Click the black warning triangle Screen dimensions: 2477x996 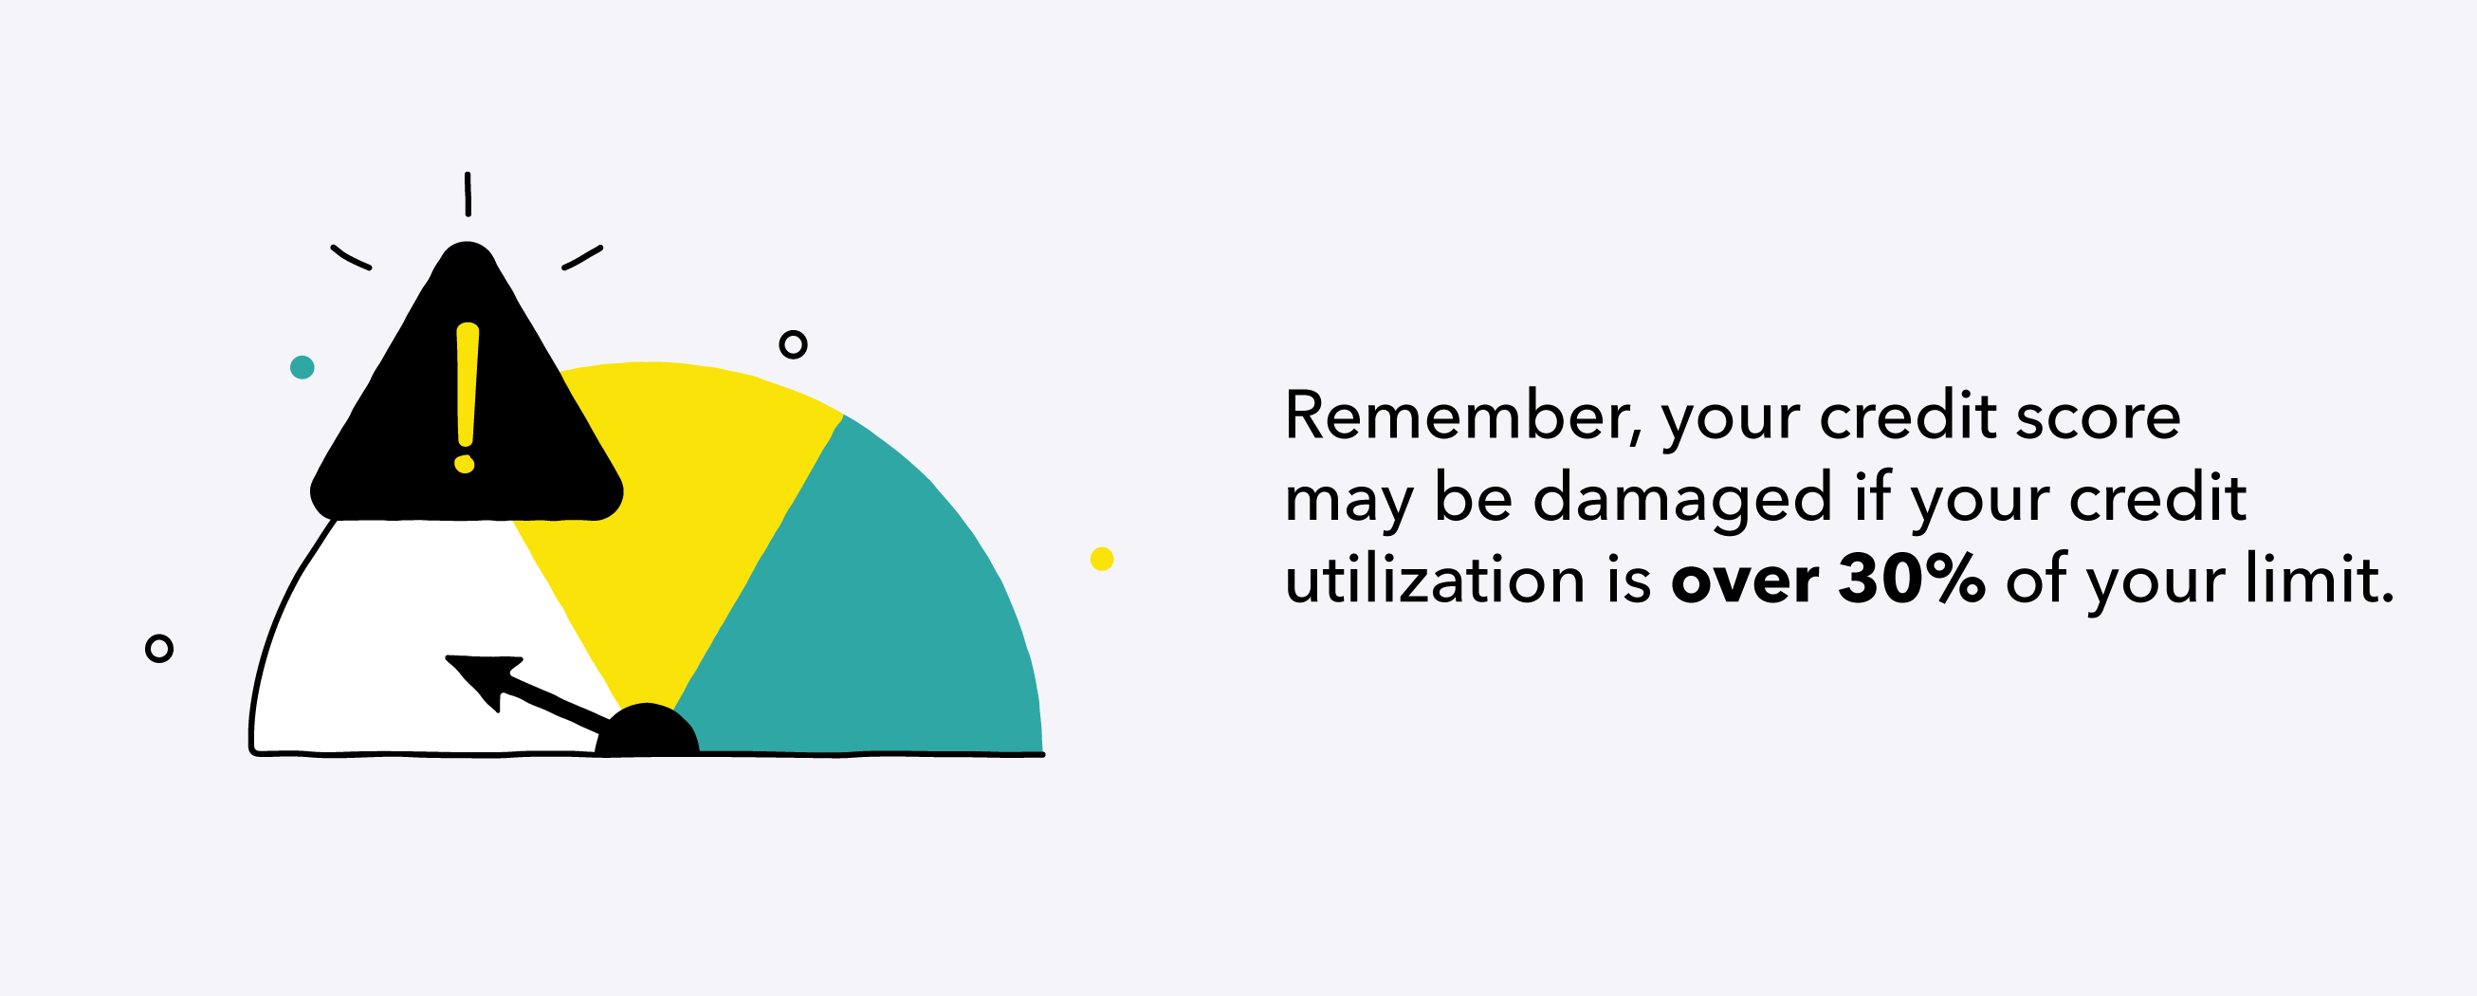467,423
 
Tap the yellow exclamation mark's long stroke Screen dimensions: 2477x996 468,384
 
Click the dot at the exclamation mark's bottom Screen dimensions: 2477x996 465,465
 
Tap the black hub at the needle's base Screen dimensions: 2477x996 647,730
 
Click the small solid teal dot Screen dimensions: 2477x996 302,367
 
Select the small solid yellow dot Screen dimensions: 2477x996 1102,559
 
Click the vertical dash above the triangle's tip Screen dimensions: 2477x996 468,194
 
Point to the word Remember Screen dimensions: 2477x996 1455,415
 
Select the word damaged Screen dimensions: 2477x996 1681,500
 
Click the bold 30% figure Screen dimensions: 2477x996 1911,580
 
